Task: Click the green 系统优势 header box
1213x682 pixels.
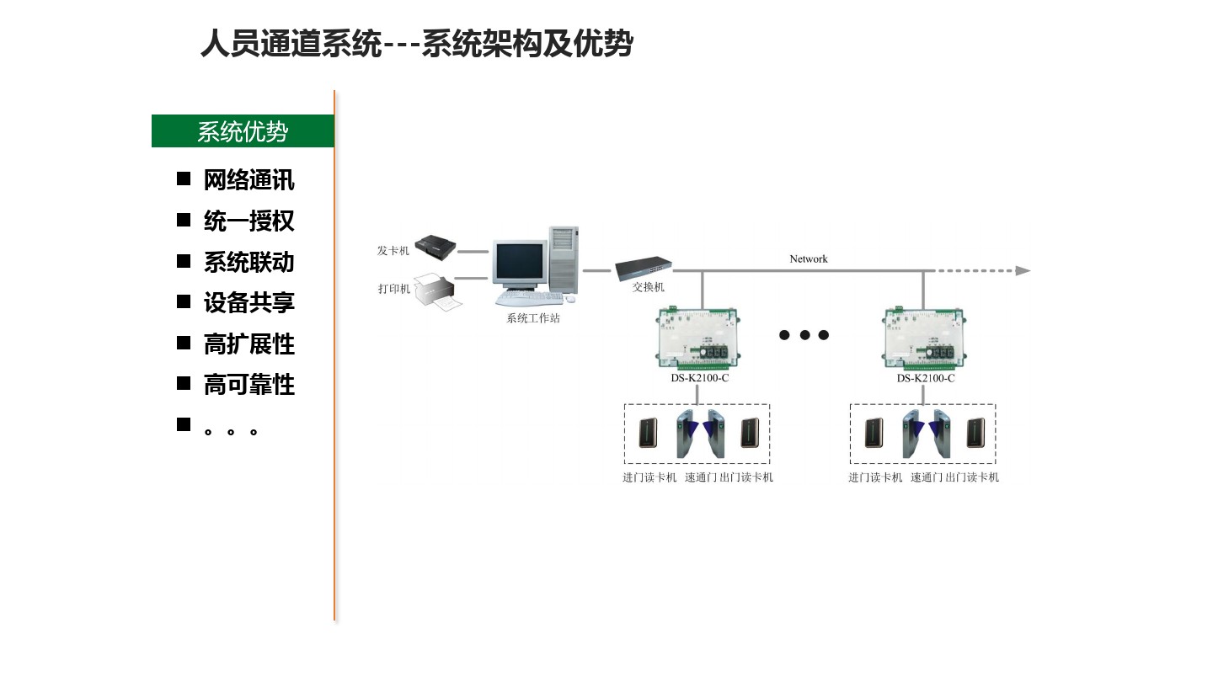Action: point(243,131)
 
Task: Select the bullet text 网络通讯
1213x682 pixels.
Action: point(248,180)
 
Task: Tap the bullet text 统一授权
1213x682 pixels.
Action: point(248,221)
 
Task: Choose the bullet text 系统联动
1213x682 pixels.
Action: point(248,262)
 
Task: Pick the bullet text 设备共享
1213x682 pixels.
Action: point(248,302)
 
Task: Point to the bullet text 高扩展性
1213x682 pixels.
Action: point(248,344)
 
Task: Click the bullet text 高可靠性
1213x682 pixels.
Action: point(248,385)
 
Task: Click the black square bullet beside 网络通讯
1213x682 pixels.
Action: point(184,178)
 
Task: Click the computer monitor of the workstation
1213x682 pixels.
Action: point(519,263)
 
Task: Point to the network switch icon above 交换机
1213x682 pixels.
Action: point(644,268)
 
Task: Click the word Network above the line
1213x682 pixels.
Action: point(809,259)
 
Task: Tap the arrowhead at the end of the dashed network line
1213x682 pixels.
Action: point(1023,271)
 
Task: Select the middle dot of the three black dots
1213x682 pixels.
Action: point(804,335)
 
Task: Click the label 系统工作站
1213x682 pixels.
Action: point(532,318)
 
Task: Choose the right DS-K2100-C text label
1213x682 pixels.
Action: point(925,378)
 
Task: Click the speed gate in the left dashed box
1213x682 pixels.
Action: point(700,434)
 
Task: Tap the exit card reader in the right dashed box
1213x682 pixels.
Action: point(975,433)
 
